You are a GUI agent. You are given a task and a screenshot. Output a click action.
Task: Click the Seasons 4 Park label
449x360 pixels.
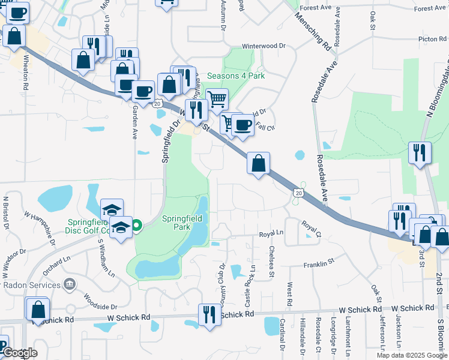click(236, 76)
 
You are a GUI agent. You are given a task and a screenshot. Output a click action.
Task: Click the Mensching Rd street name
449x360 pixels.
click(313, 31)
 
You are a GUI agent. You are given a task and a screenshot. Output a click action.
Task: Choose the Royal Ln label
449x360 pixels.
click(271, 234)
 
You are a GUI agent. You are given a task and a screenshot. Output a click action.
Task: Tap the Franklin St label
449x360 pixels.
click(318, 263)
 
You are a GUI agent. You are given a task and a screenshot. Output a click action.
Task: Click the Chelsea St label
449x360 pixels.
click(271, 262)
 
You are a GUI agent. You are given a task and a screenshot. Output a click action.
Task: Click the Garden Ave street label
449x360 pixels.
click(135, 121)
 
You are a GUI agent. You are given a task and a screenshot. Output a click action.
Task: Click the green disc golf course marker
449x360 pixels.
click(136, 226)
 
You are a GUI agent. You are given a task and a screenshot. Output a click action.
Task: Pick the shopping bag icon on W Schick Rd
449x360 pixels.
click(38, 310)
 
